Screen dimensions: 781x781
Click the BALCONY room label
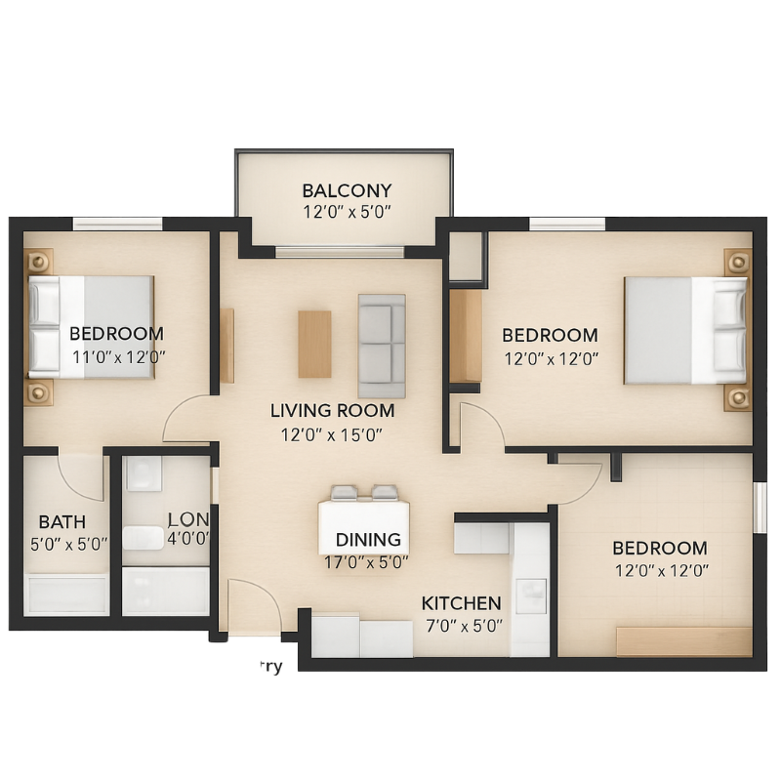[346, 190]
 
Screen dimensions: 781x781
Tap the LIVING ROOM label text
[332, 411]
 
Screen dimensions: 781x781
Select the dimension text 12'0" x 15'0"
[332, 435]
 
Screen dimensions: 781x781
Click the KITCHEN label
[461, 603]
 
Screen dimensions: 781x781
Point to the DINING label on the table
[368, 540]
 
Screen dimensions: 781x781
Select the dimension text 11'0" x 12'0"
[118, 356]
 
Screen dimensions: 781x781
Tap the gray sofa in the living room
[382, 339]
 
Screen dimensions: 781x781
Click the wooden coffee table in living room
[314, 344]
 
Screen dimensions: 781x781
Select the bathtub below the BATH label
[66, 594]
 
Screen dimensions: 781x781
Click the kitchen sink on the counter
[530, 596]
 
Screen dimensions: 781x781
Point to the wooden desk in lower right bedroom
[683, 641]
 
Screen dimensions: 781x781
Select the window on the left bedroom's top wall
[117, 225]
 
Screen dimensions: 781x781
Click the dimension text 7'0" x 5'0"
[464, 626]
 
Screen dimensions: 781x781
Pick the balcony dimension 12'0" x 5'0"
[346, 212]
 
